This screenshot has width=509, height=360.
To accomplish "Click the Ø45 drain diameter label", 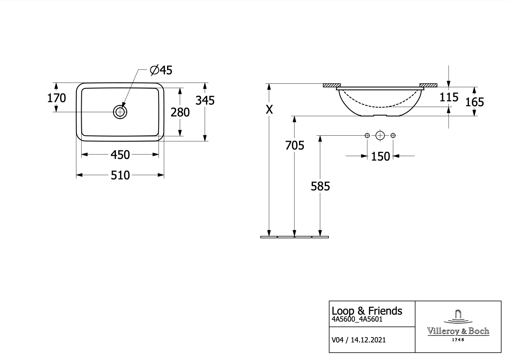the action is (x=161, y=70).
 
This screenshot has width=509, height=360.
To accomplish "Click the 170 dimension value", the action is (x=56, y=98).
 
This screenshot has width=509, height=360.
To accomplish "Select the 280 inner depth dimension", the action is (x=180, y=112).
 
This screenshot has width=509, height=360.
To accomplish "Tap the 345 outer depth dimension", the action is (x=205, y=101).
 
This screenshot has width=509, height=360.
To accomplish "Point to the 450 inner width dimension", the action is (x=120, y=155).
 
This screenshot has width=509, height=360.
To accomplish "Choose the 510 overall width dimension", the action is (x=120, y=175).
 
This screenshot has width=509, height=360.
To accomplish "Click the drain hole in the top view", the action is (x=120, y=112).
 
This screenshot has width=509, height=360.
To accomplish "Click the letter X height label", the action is (x=269, y=110).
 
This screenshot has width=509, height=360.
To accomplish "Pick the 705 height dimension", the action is (x=295, y=145).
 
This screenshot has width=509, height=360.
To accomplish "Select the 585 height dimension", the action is (x=320, y=186).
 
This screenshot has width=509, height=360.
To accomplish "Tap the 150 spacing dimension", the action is (x=380, y=157).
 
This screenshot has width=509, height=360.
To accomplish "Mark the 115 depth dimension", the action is (x=449, y=97).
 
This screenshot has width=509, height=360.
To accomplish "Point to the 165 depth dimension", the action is (x=475, y=102).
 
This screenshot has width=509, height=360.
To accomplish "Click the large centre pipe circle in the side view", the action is (x=380, y=135).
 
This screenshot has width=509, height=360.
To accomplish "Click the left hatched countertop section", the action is (x=332, y=85).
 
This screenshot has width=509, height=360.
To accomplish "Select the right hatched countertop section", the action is (x=429, y=85).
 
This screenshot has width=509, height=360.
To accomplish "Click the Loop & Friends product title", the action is (x=367, y=311).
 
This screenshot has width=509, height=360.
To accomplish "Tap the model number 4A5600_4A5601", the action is (x=357, y=319).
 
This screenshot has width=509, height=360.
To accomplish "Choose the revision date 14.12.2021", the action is (x=368, y=340).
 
